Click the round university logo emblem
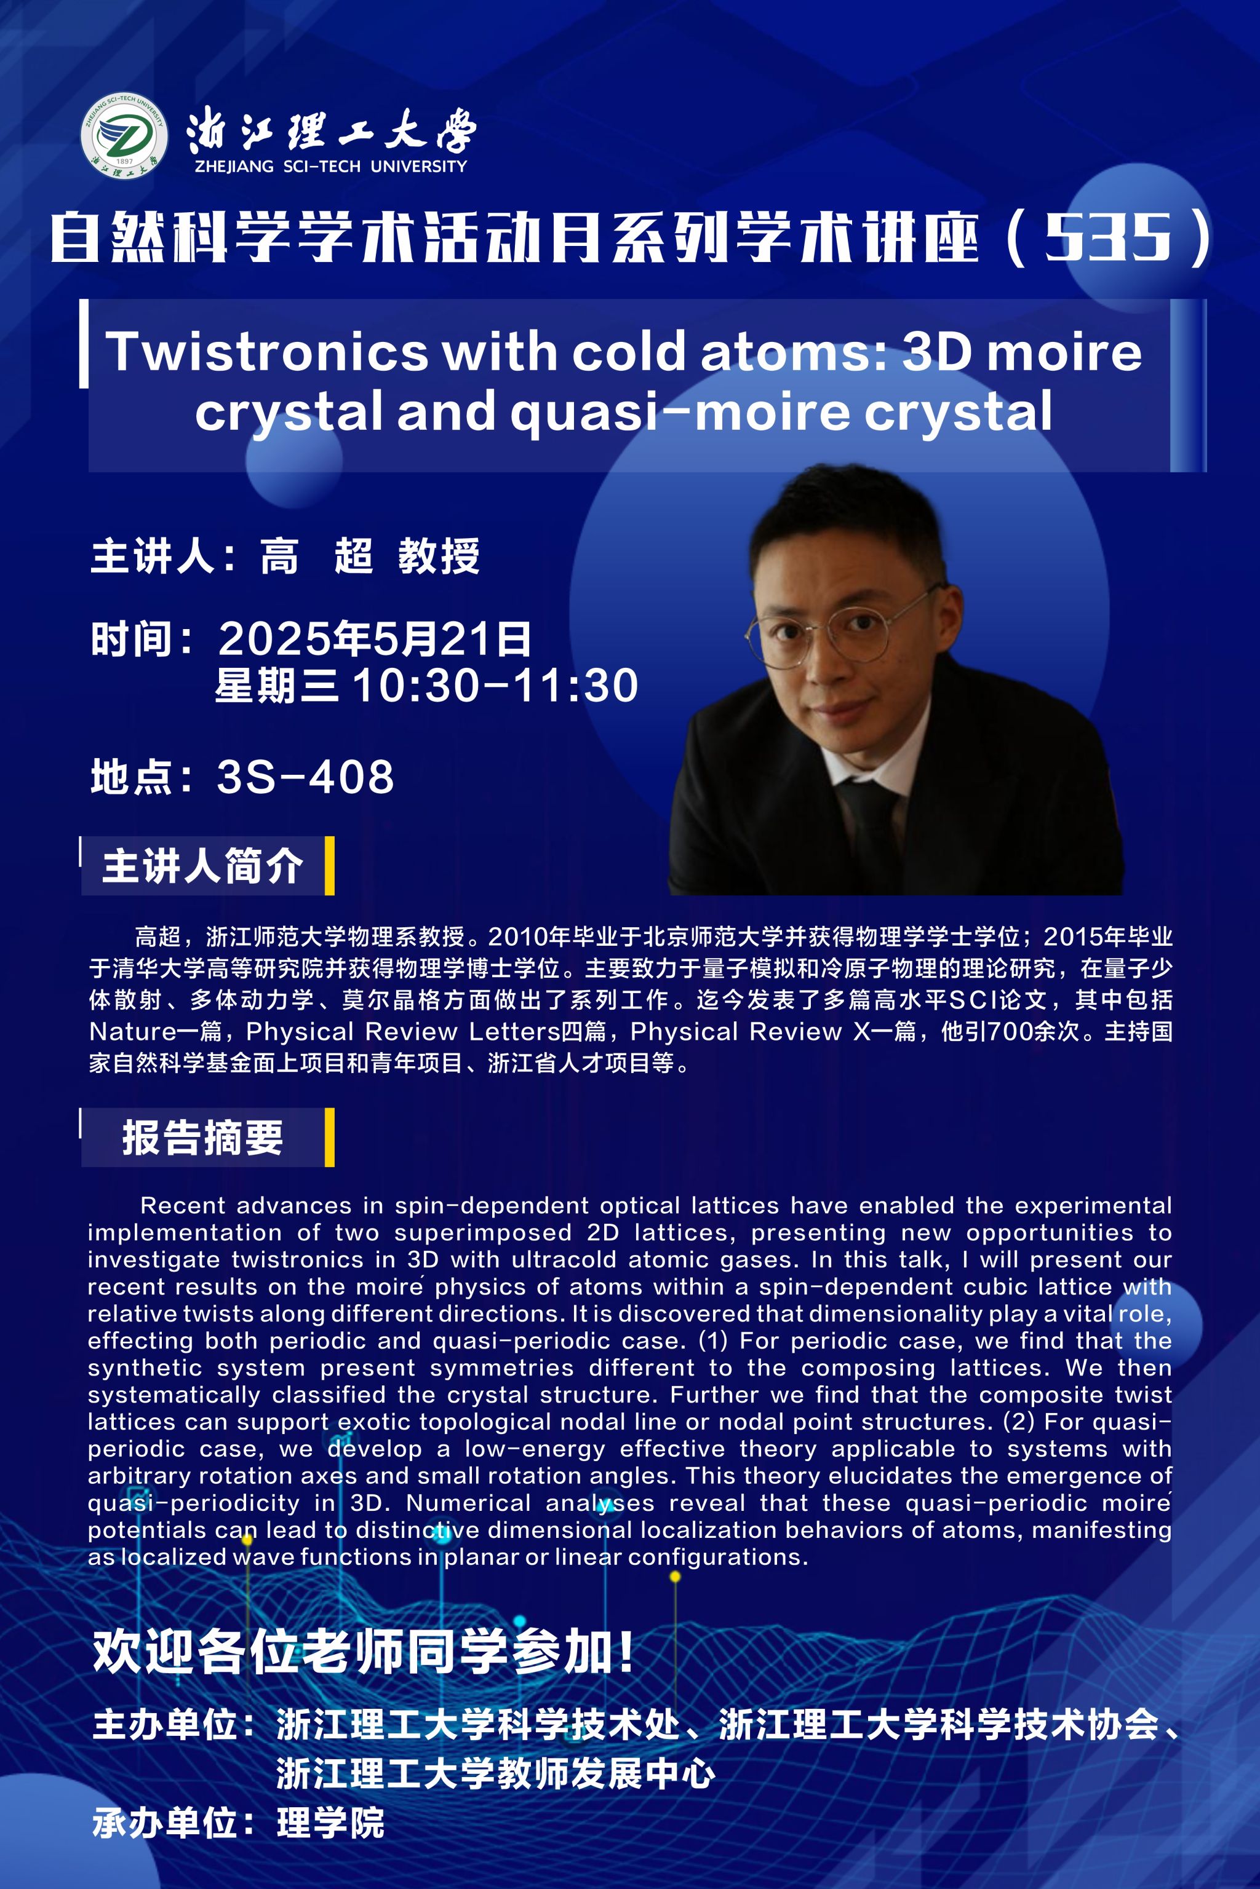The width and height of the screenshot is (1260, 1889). [124, 136]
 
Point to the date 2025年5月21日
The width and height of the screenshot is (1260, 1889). [375, 638]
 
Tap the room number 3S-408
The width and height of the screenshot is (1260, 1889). [305, 777]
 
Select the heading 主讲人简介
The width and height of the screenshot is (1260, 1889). [202, 866]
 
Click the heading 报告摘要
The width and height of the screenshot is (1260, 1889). [202, 1137]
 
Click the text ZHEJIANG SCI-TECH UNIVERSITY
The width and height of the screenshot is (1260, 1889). [330, 166]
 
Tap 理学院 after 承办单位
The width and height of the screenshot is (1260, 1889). [331, 1823]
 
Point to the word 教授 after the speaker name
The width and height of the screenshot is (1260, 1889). [439, 556]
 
